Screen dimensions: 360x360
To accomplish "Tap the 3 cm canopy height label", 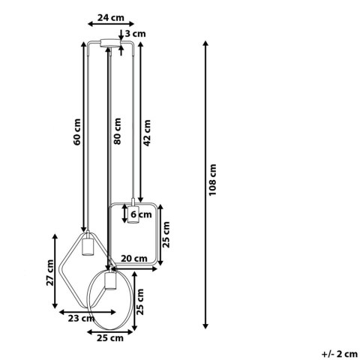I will coord(136,34).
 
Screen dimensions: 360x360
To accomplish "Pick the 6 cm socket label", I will coord(139,215).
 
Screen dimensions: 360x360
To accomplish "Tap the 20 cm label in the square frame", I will coord(134,258).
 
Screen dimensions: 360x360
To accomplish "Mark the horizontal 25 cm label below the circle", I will coord(111,338).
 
